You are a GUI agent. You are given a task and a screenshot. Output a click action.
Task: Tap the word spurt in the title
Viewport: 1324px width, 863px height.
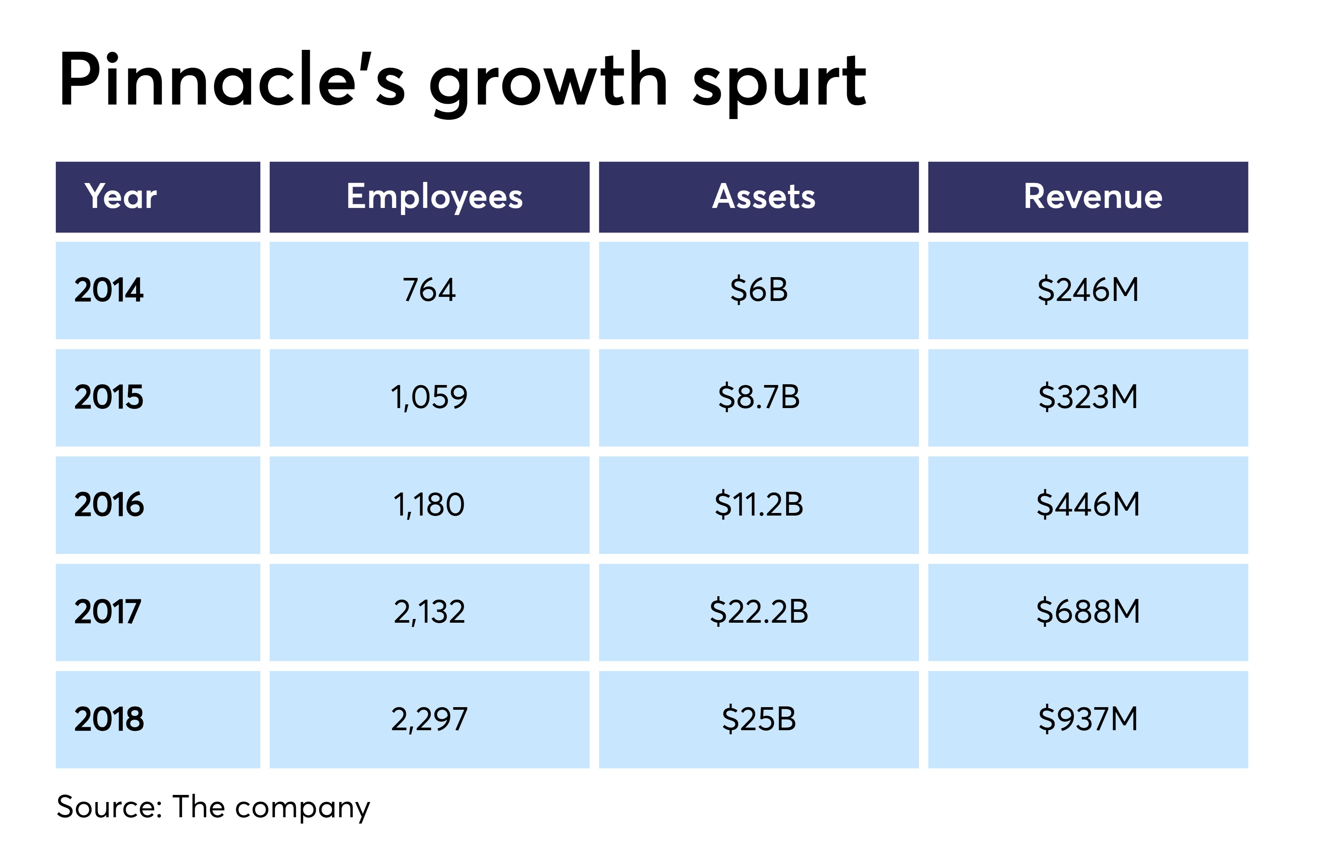click(x=779, y=83)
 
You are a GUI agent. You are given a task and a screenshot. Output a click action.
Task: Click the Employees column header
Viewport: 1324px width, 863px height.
click(x=434, y=197)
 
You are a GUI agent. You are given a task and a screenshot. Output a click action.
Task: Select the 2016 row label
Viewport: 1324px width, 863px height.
click(x=109, y=505)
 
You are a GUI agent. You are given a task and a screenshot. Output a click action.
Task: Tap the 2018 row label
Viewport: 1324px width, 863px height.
click(x=109, y=719)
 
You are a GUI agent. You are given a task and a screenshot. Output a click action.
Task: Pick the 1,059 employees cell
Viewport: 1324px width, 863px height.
click(x=429, y=397)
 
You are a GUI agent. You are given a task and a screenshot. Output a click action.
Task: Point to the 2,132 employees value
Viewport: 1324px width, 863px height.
click(x=429, y=612)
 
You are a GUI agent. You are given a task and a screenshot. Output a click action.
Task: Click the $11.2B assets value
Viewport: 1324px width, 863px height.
click(x=759, y=505)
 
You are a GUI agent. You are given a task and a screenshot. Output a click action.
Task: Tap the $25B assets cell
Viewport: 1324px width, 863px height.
click(x=759, y=719)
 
